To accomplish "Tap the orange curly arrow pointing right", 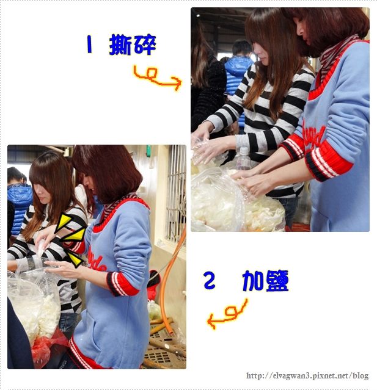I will [157, 78].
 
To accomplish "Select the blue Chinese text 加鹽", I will [265, 281].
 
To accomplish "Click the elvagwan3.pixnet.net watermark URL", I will [307, 375].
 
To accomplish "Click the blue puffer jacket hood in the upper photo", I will [238, 66].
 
